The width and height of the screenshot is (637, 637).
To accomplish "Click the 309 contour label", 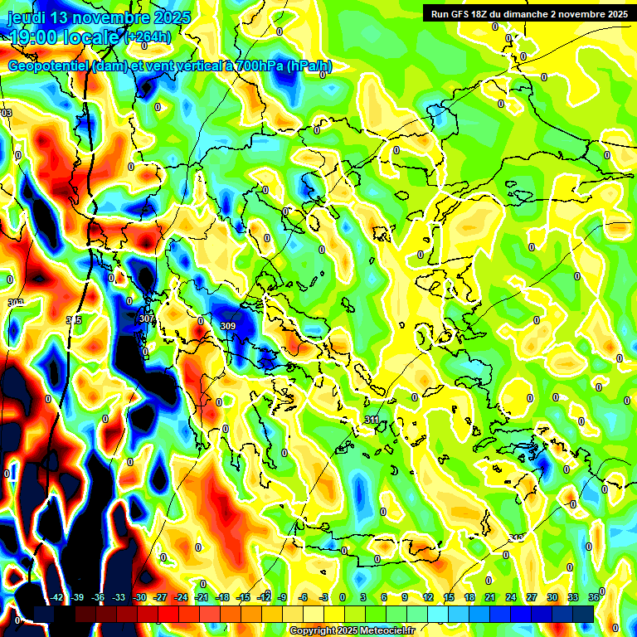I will (x=228, y=327).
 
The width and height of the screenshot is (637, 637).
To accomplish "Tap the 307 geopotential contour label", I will (x=146, y=318).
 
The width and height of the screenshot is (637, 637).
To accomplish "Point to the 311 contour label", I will (x=372, y=421).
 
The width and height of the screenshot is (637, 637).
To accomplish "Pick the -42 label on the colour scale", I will (x=56, y=597).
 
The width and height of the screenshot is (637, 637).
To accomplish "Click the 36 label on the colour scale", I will (x=594, y=597).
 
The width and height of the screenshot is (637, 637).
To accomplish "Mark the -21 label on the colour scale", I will (x=202, y=597).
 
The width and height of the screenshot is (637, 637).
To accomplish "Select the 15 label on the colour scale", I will (x=449, y=597).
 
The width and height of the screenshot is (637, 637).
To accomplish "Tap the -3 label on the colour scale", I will (x=323, y=597).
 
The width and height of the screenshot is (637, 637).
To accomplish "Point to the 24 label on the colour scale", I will (x=511, y=597).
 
